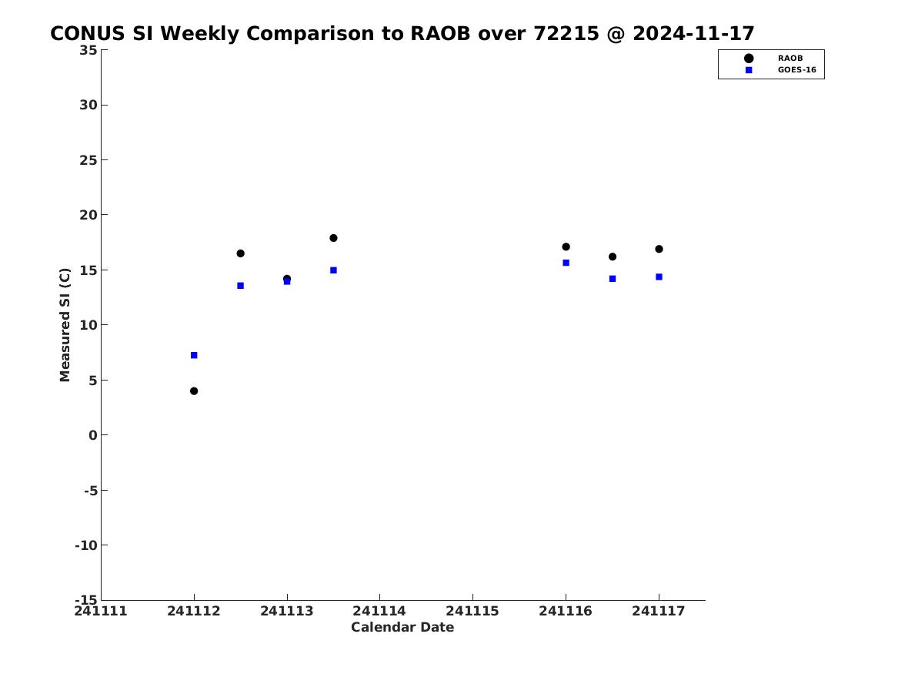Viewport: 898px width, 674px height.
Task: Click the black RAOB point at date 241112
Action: (x=194, y=391)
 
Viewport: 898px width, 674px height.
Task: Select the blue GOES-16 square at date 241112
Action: (x=194, y=355)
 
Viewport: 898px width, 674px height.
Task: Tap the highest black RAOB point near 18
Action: (x=333, y=238)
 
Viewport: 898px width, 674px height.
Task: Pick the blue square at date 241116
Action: (x=566, y=263)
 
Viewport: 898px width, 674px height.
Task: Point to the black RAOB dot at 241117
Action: (x=659, y=250)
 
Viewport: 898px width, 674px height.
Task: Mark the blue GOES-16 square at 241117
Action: (x=659, y=277)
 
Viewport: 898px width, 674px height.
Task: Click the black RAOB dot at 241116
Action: (x=566, y=247)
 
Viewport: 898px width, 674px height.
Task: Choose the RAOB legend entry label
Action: (x=790, y=59)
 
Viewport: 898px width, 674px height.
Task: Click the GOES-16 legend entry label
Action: (x=796, y=70)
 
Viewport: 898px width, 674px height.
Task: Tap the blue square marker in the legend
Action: (x=749, y=70)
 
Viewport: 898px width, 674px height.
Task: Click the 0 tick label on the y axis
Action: (x=93, y=435)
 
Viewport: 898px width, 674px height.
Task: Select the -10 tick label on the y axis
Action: (x=86, y=545)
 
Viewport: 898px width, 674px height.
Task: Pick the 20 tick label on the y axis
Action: (x=88, y=215)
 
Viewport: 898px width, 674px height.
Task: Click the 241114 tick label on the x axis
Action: (x=379, y=612)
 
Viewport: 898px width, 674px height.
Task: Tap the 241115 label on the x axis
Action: (x=472, y=612)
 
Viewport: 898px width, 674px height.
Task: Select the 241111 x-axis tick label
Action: (x=101, y=612)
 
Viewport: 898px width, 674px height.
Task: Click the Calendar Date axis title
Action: (x=402, y=628)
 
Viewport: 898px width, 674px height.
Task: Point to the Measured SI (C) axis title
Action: (x=65, y=324)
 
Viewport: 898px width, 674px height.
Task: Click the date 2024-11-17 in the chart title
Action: (x=693, y=34)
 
